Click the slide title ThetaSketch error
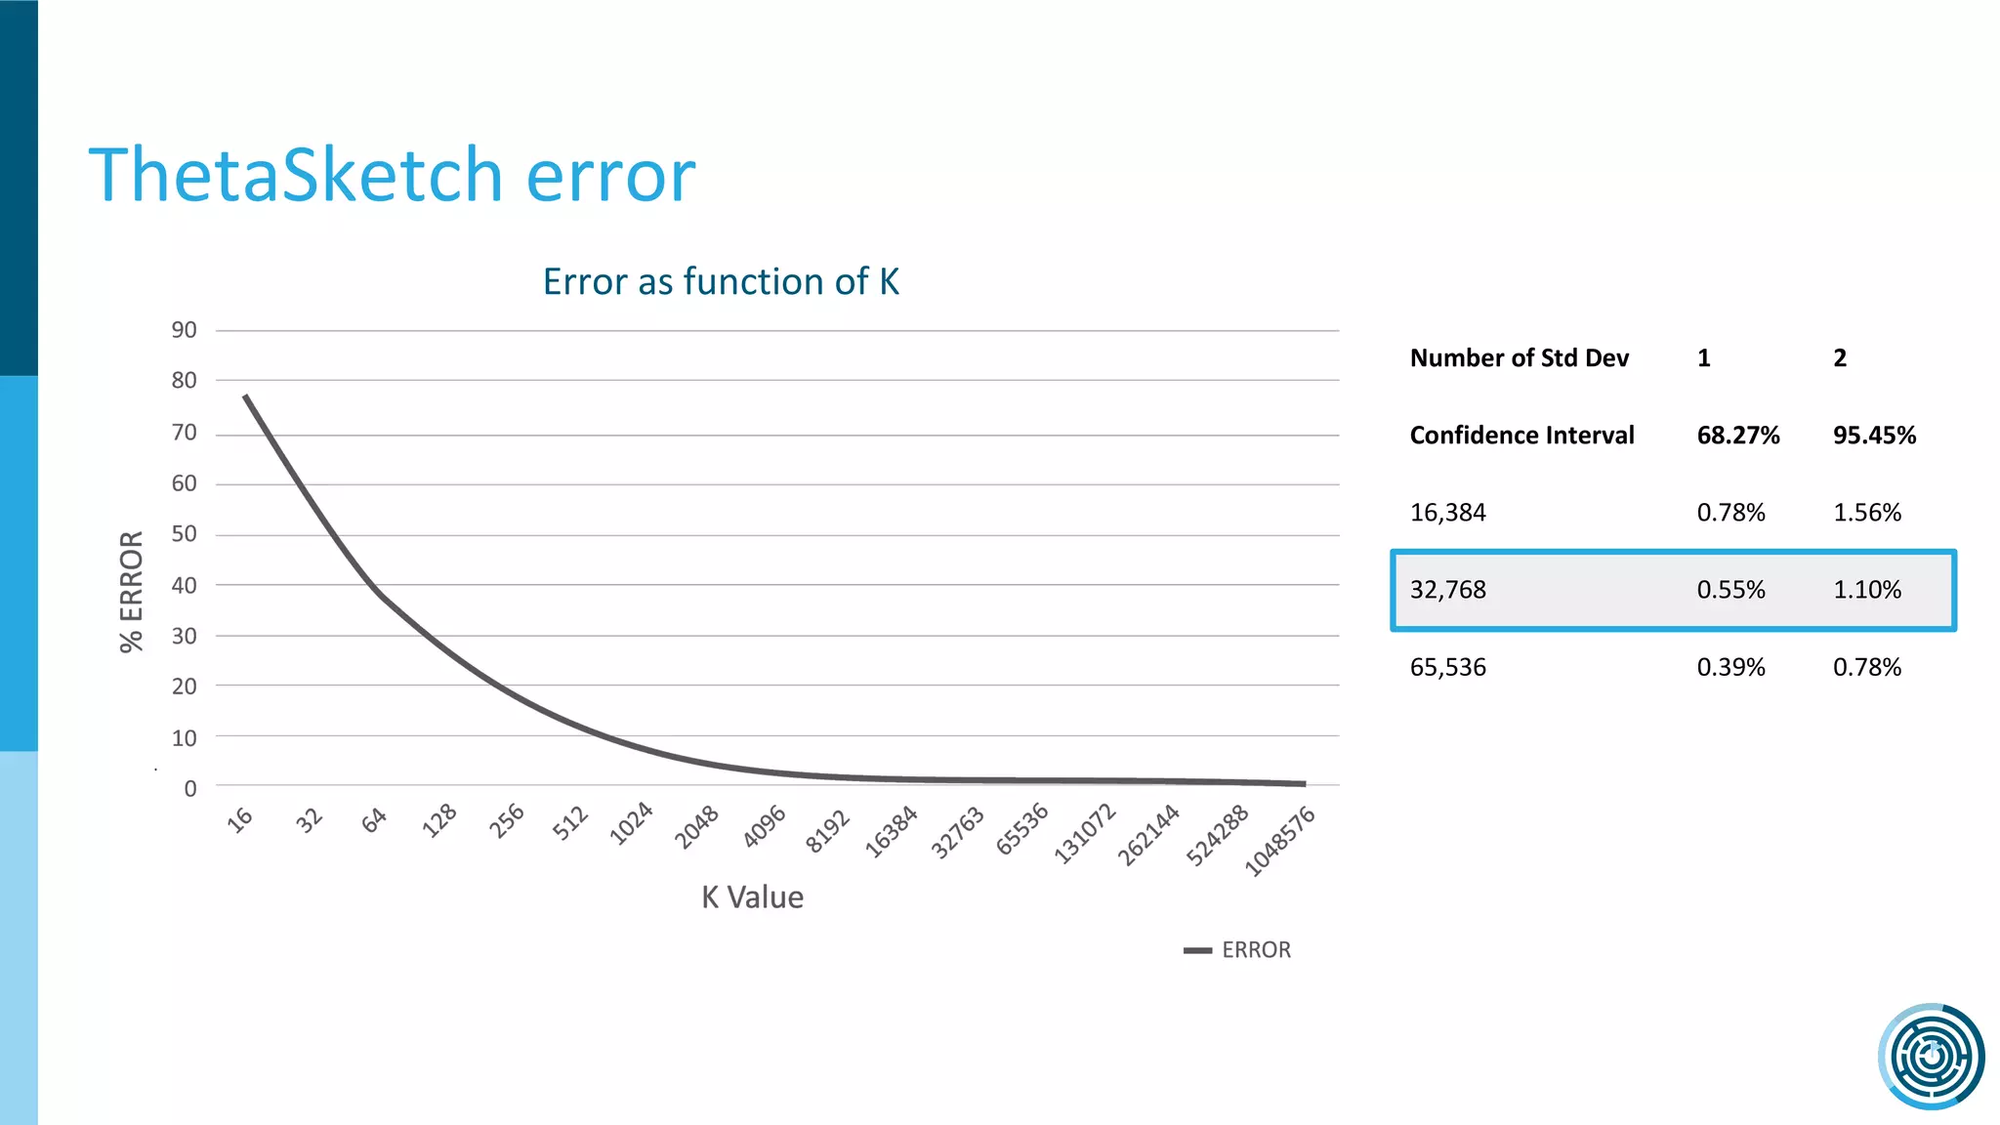pyautogui.click(x=392, y=175)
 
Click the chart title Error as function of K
pyautogui.click(x=721, y=281)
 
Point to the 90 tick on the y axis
pyautogui.click(x=185, y=330)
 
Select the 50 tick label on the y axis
pyautogui.click(x=185, y=534)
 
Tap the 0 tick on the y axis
pyautogui.click(x=190, y=788)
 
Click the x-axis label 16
pyautogui.click(x=240, y=819)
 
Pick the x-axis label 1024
pyautogui.click(x=631, y=823)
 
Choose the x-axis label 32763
pyautogui.click(x=957, y=832)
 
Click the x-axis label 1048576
pyautogui.click(x=1280, y=841)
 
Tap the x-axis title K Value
pyautogui.click(x=752, y=897)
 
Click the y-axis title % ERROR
pyautogui.click(x=132, y=592)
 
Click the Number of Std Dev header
pyautogui.click(x=1519, y=358)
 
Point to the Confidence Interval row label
pyautogui.click(x=1521, y=436)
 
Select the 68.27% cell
pyautogui.click(x=1738, y=436)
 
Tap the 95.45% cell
pyautogui.click(x=1874, y=436)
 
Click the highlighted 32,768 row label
pyautogui.click(x=1447, y=590)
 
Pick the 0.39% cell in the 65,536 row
pyautogui.click(x=1730, y=668)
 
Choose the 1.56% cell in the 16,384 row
pyautogui.click(x=1866, y=513)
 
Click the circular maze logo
pyautogui.click(x=1931, y=1056)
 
